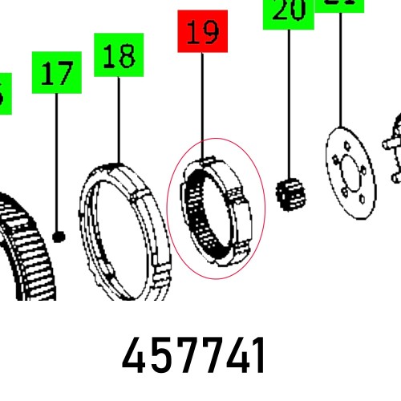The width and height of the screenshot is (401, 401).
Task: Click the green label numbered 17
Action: pos(56,75)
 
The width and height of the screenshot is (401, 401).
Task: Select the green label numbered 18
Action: pos(119,55)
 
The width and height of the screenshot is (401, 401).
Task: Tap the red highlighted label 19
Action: pos(203,33)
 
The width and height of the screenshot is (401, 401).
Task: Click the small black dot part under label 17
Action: pos(59,235)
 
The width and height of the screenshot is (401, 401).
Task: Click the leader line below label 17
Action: pos(56,160)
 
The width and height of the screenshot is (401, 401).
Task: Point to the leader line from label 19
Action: pos(203,104)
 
